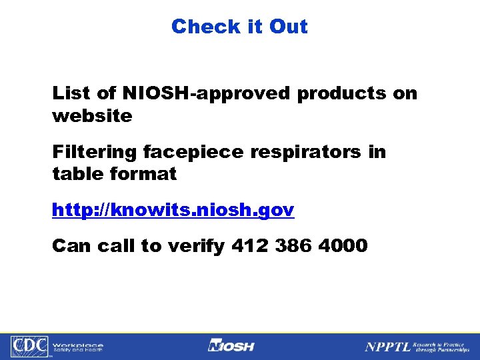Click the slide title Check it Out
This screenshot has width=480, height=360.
[x=239, y=27]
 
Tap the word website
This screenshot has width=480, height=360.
[x=92, y=116]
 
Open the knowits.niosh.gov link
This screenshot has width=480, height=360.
[x=173, y=211]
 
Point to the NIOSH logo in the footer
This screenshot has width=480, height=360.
[x=231, y=347]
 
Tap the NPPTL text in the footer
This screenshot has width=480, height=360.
[x=387, y=347]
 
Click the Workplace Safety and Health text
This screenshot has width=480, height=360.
[x=78, y=347]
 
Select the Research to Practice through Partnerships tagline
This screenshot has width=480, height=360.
[x=441, y=347]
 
